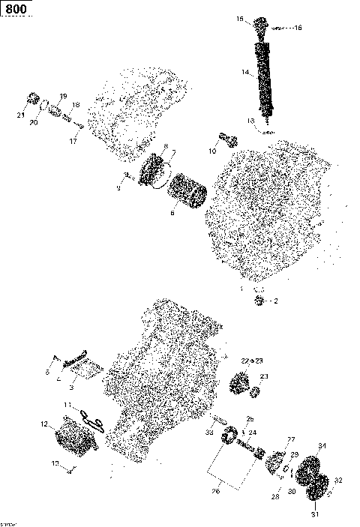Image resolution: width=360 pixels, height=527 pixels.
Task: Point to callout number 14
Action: (x=244, y=73)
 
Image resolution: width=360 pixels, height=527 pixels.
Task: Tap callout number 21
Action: (x=20, y=115)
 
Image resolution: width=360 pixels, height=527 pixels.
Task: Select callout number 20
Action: (x=33, y=122)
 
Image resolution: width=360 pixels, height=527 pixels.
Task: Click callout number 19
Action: (x=64, y=96)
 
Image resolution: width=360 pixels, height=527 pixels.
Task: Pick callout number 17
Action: (x=73, y=141)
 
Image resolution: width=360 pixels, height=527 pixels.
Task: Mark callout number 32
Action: (x=338, y=481)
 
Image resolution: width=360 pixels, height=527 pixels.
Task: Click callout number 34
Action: (x=322, y=447)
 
